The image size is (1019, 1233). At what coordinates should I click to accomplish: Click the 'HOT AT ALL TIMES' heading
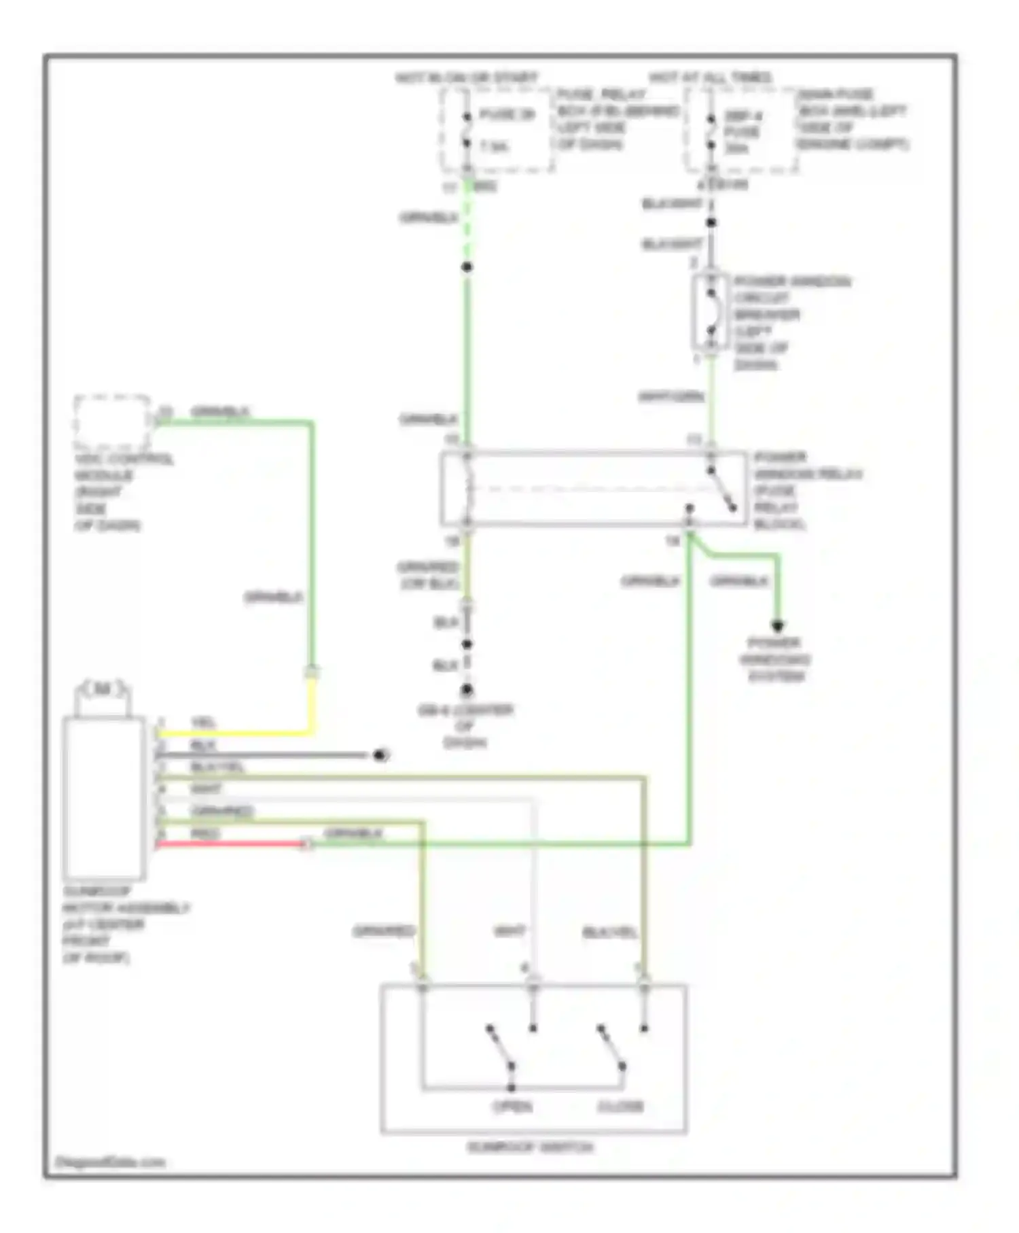coord(711,77)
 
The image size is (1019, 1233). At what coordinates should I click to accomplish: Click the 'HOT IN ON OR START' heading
coord(466,77)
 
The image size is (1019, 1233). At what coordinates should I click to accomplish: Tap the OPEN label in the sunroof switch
coord(513,1107)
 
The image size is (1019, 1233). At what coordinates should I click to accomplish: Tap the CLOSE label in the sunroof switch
coord(620,1107)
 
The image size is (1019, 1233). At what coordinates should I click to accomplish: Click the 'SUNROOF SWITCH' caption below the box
coord(530,1147)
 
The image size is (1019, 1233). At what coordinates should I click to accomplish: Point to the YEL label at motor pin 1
coord(203,723)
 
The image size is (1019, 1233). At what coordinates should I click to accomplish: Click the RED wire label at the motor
coord(204,833)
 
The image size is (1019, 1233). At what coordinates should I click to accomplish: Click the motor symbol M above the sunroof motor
coord(103,689)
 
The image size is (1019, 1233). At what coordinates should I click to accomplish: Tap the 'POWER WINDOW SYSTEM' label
coord(775,659)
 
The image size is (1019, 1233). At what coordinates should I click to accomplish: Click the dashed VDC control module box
coord(112,421)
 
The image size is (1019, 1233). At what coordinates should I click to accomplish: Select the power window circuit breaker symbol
coord(711,313)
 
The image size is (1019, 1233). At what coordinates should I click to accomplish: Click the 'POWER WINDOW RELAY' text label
coord(806,474)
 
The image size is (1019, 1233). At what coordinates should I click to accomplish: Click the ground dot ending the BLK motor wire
coord(381,755)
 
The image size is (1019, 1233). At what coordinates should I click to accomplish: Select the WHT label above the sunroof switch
coord(509,931)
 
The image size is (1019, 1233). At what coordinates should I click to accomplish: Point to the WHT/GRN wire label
coord(671,396)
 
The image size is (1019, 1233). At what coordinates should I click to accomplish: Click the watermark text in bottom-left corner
coord(109,1162)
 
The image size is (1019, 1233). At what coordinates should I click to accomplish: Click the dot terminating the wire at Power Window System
coord(777,625)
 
